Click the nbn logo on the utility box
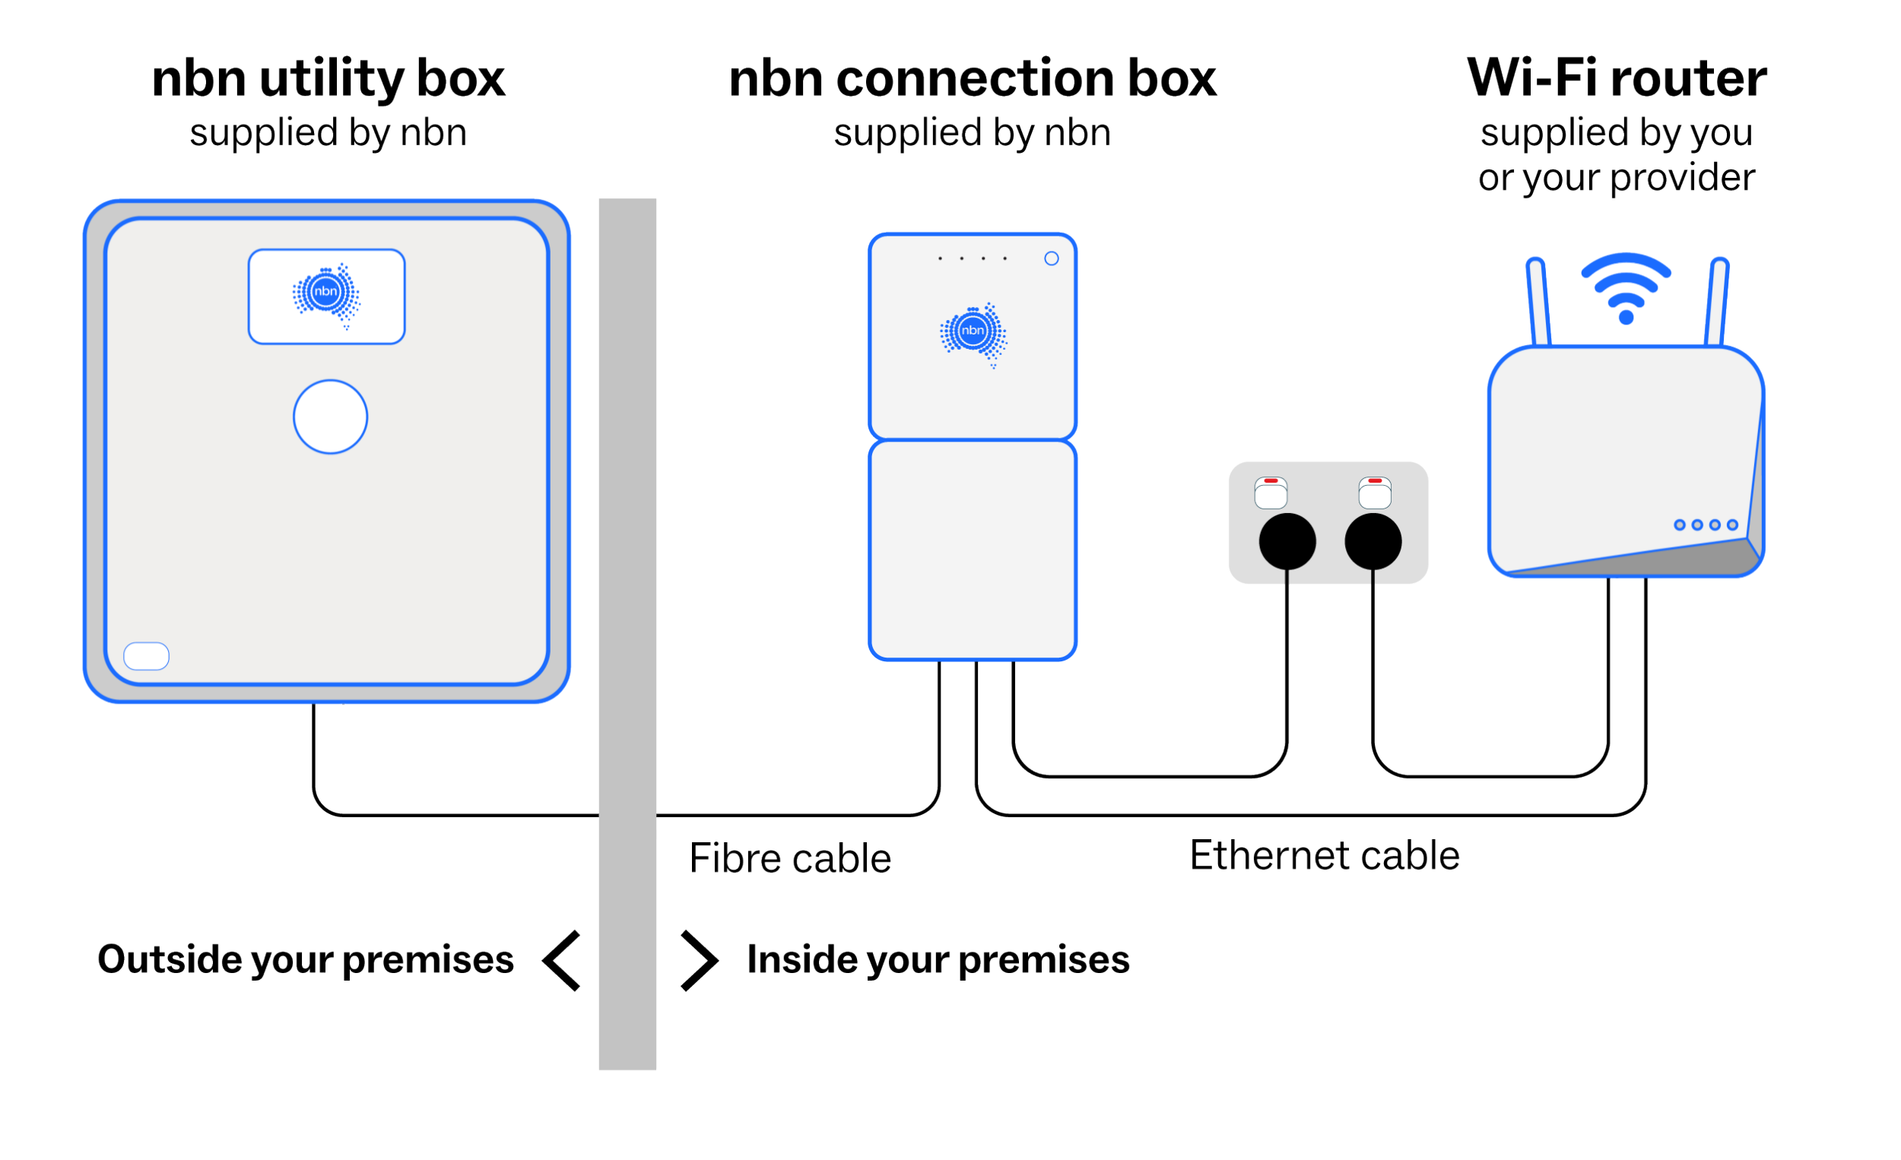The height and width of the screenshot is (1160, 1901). tap(325, 295)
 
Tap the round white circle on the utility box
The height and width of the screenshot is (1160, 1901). tap(330, 417)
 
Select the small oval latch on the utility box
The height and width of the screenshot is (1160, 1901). tap(147, 655)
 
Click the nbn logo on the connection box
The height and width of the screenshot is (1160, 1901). tap(973, 333)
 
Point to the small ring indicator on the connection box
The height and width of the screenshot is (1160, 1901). tap(1051, 258)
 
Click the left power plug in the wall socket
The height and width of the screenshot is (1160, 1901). tap(1287, 541)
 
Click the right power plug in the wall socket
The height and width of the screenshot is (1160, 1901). tap(1373, 541)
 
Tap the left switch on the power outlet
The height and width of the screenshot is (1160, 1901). tap(1271, 493)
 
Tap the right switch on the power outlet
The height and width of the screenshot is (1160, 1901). tap(1374, 493)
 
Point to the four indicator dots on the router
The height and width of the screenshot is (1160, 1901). tap(1705, 525)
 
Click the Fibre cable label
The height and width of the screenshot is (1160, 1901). tap(789, 858)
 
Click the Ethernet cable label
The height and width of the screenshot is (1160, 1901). tap(1324, 855)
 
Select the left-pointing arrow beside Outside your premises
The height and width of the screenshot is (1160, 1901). tap(562, 960)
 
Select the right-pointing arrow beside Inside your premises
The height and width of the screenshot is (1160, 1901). tap(699, 960)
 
